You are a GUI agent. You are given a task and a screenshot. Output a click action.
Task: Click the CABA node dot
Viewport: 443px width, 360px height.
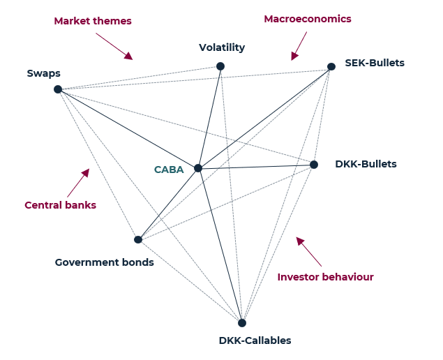point(198,168)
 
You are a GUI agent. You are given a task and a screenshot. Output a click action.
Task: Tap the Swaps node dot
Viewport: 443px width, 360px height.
point(58,89)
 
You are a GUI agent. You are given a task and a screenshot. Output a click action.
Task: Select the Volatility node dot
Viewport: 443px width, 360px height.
point(220,66)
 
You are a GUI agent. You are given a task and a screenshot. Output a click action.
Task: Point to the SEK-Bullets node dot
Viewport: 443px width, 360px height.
point(331,66)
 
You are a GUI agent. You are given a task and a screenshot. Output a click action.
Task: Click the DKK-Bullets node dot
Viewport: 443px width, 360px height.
point(314,165)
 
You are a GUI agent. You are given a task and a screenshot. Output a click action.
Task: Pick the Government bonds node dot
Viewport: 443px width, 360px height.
point(138,239)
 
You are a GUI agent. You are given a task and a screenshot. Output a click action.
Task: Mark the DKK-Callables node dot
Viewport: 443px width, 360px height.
point(242,323)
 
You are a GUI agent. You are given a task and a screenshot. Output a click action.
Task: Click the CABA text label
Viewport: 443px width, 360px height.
point(169,170)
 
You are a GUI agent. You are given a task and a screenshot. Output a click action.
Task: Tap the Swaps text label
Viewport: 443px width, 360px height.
point(43,73)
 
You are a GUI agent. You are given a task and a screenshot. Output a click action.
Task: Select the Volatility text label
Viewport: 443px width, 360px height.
point(222,48)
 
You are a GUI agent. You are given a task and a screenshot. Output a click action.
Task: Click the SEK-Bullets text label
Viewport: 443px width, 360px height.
point(375,63)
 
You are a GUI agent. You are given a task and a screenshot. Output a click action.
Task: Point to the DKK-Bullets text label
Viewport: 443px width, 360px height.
point(366,165)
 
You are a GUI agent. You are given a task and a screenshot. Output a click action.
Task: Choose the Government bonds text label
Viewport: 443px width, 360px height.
point(104,262)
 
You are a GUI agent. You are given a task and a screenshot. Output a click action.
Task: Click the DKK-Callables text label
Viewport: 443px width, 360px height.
point(255,340)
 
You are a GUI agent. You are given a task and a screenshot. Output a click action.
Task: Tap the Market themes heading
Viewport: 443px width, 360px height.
point(93,21)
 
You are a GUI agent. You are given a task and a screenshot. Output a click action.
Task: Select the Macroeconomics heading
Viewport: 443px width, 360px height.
point(307,19)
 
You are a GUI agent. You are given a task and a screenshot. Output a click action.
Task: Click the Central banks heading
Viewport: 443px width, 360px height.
point(60,205)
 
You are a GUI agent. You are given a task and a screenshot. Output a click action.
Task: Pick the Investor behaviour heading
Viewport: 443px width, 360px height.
point(325,277)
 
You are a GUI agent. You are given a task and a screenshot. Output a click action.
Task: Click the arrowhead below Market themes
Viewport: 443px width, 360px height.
point(128,55)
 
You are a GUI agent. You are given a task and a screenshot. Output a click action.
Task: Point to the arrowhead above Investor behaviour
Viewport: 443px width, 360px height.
point(300,241)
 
